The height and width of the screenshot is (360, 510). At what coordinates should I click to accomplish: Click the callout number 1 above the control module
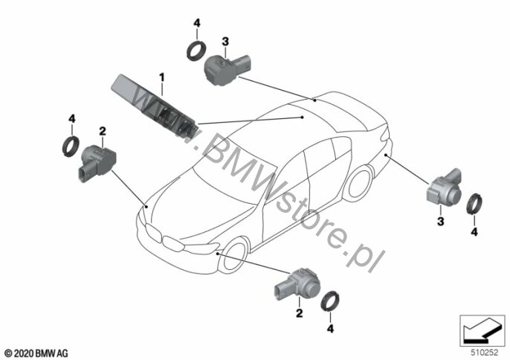[161, 78]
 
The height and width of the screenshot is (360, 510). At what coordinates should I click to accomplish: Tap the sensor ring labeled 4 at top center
[196, 51]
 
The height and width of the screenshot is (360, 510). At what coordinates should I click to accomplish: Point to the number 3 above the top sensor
[225, 42]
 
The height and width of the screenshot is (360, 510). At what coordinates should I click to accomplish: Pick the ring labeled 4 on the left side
[71, 147]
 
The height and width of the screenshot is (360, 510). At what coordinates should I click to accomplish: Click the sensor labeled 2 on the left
[97, 162]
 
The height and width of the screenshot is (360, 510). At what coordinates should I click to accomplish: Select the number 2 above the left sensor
[103, 131]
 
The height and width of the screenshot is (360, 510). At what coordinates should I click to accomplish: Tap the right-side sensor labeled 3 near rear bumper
[444, 188]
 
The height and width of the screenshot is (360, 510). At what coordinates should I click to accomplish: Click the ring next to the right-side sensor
[474, 204]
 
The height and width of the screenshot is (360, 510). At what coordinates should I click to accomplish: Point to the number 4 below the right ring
[474, 232]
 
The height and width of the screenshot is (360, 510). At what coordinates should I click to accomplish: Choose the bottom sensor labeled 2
[297, 286]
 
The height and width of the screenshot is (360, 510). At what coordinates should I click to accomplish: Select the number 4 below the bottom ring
[330, 329]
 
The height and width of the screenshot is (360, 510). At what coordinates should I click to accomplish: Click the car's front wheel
[233, 256]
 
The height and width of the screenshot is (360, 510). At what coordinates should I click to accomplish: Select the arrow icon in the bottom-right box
[482, 330]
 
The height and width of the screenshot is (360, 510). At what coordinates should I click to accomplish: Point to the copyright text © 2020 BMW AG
[36, 353]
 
